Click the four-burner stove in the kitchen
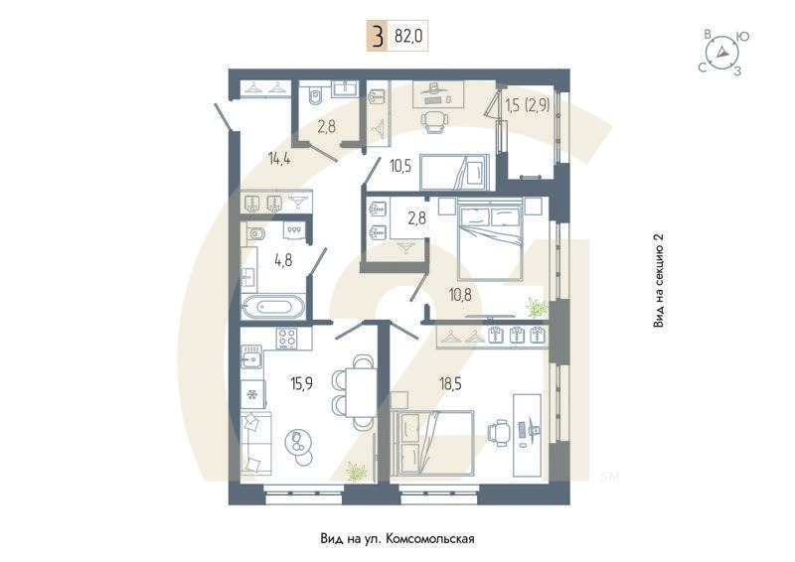click(x=289, y=338)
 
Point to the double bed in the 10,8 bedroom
click(x=489, y=239)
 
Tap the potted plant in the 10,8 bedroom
click(x=536, y=307)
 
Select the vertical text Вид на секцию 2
click(x=658, y=281)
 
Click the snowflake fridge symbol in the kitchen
click(x=251, y=395)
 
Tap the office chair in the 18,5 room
click(x=497, y=432)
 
